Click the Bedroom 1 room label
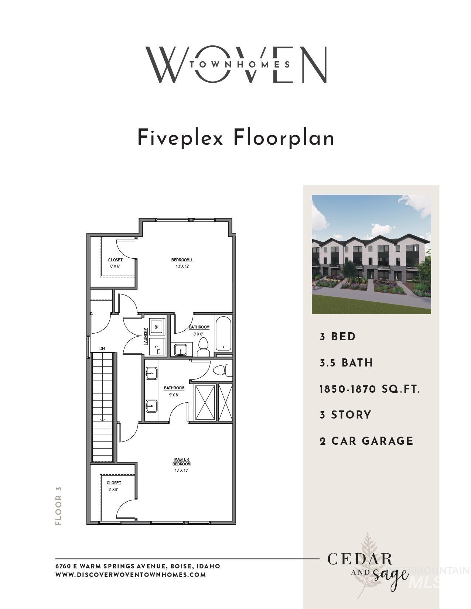(x=182, y=260)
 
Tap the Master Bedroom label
(x=181, y=462)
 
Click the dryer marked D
(x=157, y=347)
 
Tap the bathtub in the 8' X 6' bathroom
(x=223, y=334)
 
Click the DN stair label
(x=102, y=348)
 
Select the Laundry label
(x=146, y=336)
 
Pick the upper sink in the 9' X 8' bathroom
(x=151, y=374)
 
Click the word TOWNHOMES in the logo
(x=239, y=64)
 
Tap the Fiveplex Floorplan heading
(x=236, y=138)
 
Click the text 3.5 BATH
(x=346, y=363)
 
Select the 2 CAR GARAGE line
(x=366, y=441)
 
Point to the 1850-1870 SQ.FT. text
(x=370, y=389)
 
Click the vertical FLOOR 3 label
(x=58, y=506)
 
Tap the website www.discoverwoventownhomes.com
(x=130, y=575)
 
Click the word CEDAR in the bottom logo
(x=360, y=559)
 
